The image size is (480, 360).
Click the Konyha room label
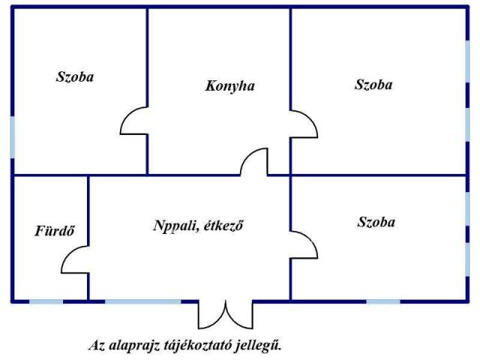click(x=230, y=85)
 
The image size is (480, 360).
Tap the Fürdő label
click(x=55, y=230)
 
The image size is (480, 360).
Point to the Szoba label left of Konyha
click(x=75, y=76)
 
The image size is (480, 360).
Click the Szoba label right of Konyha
click(x=373, y=84)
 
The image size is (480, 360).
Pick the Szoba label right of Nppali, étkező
click(x=376, y=222)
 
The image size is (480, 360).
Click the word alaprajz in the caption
click(x=133, y=346)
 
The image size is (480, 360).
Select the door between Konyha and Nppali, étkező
click(x=254, y=161)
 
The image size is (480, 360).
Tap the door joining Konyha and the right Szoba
click(x=304, y=124)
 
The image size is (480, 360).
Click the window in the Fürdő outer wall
click(x=46, y=301)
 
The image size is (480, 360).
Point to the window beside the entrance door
click(x=142, y=301)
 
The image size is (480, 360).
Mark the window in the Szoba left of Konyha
click(x=12, y=137)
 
